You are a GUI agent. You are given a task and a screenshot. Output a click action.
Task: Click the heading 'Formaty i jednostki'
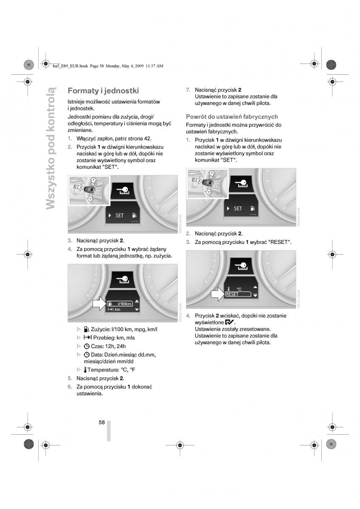point(103,91)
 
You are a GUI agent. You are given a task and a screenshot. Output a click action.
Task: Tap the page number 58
point(102,422)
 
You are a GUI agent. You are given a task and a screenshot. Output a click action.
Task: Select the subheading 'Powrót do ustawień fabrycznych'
point(232,117)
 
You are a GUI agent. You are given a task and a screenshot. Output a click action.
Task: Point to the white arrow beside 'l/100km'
point(99,303)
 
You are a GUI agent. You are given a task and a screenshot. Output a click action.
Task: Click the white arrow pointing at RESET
point(217,293)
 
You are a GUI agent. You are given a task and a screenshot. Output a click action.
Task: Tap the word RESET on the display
point(232,294)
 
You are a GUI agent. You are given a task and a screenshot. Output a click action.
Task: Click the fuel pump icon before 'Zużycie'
point(87,329)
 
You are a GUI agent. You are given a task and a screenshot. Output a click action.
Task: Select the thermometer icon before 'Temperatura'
point(85,370)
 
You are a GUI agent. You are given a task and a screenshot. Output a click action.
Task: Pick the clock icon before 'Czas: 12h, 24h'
point(87,346)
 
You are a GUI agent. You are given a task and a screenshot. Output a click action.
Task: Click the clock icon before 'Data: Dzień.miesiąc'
point(87,355)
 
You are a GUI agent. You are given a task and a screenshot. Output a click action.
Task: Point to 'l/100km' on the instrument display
point(125,303)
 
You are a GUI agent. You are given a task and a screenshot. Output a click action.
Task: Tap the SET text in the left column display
point(119,215)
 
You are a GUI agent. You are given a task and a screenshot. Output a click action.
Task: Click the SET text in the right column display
point(238,209)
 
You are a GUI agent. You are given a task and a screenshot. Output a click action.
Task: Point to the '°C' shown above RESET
point(239,288)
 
